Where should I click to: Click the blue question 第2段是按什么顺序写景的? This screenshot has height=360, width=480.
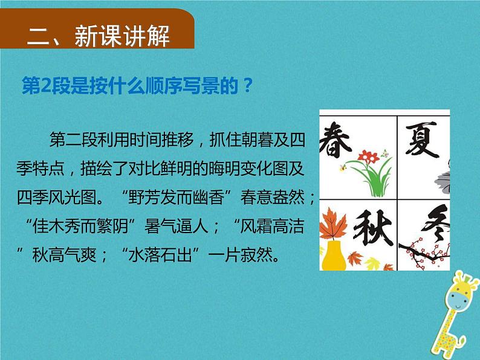135,86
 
